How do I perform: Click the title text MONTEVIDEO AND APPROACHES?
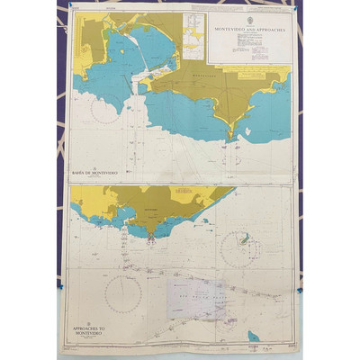[249, 28]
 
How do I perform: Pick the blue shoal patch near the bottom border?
[253, 337]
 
